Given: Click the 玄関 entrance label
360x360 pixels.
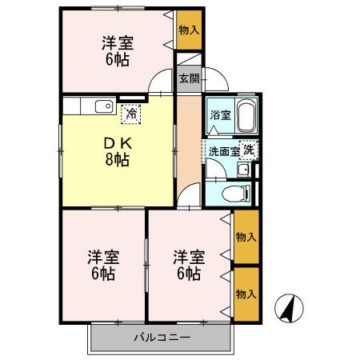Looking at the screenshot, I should coord(188,78).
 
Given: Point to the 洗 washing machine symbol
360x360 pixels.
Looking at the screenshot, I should coord(250,149).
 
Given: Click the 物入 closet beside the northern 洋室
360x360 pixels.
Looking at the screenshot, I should coord(189,30).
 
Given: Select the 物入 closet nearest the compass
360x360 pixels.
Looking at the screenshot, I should coord(245,294).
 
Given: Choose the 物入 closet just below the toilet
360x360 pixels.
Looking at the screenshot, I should coord(245,237).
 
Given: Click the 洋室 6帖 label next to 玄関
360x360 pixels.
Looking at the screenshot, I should coord(116,50).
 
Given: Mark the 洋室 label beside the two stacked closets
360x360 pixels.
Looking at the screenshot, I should coord(189,264).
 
